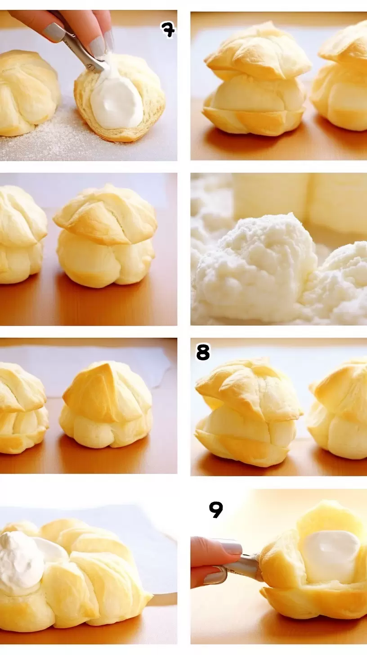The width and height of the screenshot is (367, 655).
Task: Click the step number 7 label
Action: pos(168,30)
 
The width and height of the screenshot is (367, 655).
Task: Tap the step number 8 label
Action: pos(203,352)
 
